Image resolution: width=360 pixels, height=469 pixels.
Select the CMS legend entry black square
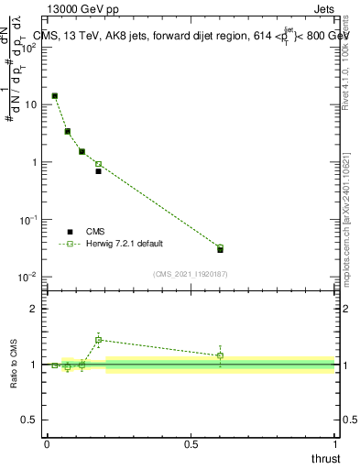70,232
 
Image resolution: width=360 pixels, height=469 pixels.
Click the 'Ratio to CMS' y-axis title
16,365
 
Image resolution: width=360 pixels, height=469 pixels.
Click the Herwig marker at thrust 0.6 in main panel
220,248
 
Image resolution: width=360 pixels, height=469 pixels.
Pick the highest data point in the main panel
55,95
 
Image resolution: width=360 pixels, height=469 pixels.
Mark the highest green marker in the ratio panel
98,340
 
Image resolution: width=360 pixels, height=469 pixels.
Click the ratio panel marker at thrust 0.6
220,355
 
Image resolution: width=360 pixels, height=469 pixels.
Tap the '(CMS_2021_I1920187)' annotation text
191,273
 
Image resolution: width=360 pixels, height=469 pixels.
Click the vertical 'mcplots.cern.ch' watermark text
345,229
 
